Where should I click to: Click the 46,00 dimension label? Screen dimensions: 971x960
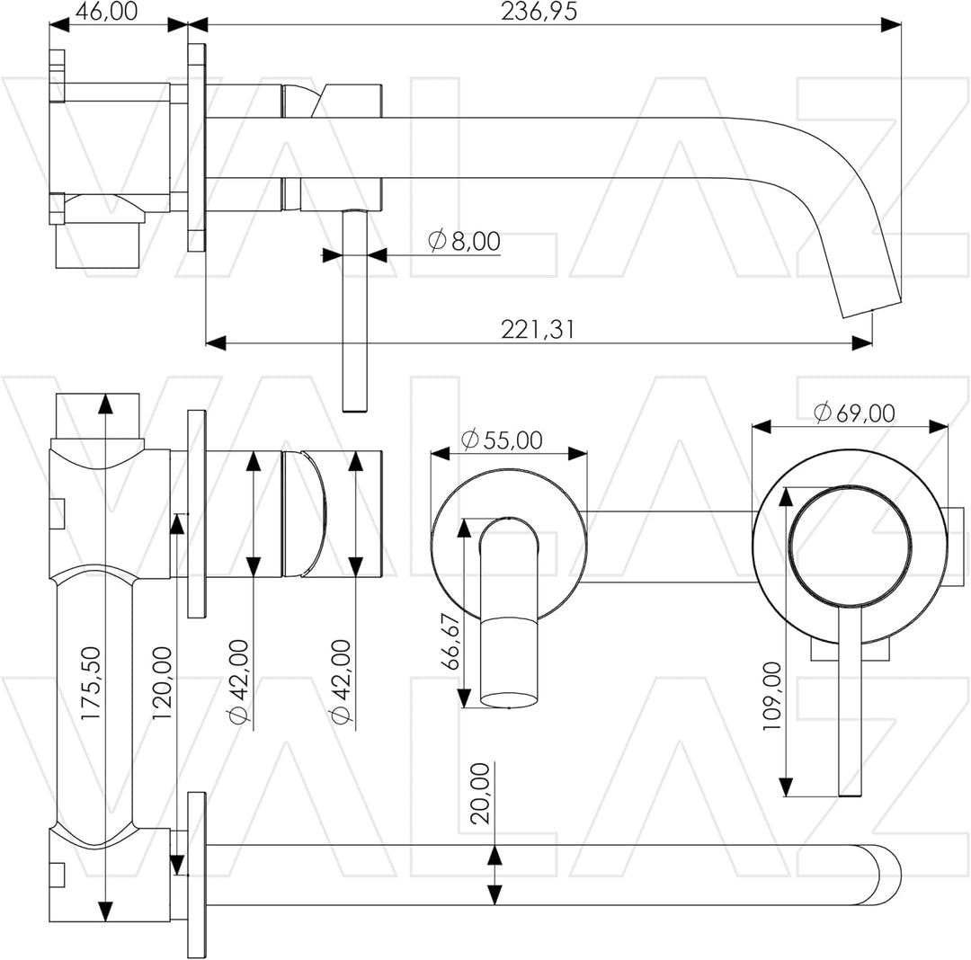(x=106, y=11)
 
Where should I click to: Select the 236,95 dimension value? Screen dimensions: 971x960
(x=539, y=11)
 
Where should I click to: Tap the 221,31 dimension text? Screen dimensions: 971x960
(x=538, y=329)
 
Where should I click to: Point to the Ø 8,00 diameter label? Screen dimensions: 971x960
(x=465, y=241)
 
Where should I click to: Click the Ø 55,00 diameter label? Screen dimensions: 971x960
(x=503, y=440)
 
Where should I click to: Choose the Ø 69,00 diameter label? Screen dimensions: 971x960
(x=855, y=413)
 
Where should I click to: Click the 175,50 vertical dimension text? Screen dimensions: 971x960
(x=91, y=683)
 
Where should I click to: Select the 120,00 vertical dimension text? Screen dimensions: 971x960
(x=162, y=683)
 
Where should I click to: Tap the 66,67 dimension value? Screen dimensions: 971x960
(x=450, y=641)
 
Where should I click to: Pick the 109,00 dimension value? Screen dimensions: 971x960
(x=772, y=696)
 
